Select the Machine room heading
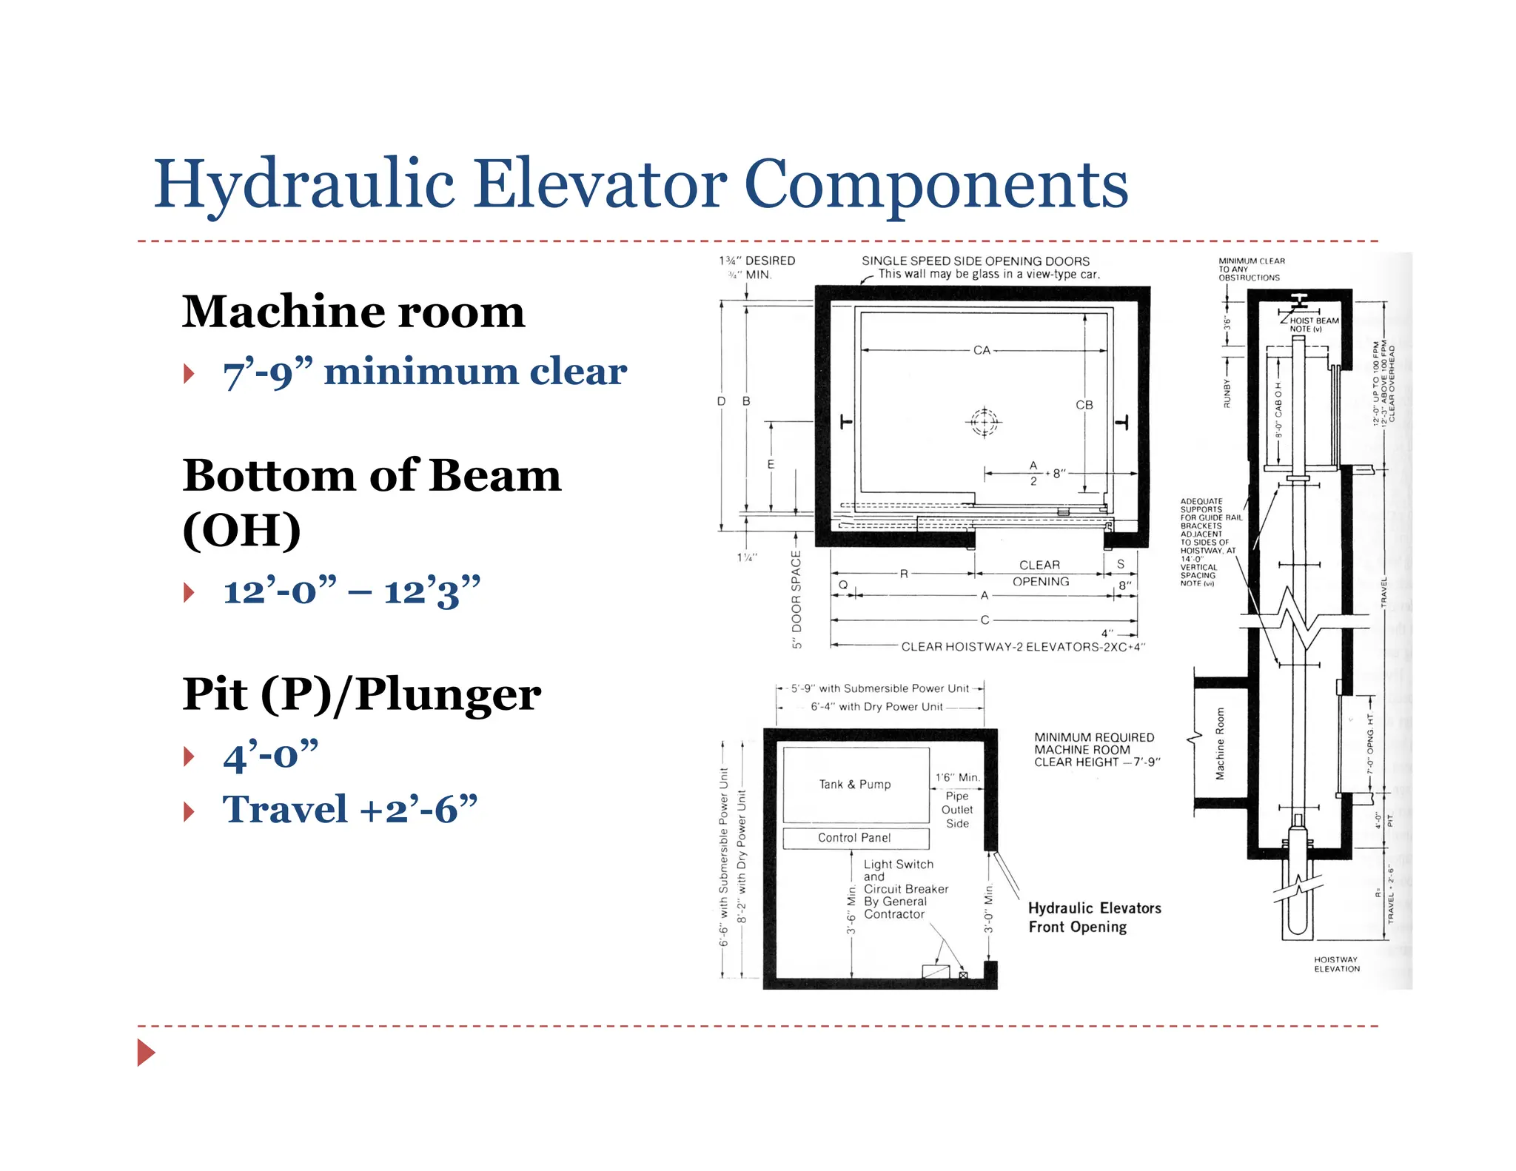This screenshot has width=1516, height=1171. coord(353,312)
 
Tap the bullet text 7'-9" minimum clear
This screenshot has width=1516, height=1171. coord(425,372)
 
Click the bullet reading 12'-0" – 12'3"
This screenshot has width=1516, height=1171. coord(352,591)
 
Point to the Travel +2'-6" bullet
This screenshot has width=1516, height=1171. coord(349,809)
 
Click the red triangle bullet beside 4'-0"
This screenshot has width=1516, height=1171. coord(189,756)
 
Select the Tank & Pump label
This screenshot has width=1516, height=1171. coord(855,785)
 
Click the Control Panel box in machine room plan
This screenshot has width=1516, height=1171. coord(855,838)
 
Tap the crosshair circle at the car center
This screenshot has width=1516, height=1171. coord(984,423)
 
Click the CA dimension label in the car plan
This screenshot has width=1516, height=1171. coord(982,350)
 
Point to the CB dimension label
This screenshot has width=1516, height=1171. coord(1084,405)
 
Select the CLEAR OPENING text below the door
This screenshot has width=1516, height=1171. coord(1040,574)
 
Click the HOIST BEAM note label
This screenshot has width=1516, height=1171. coord(1314,324)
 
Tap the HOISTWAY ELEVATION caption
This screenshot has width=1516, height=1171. coord(1337,964)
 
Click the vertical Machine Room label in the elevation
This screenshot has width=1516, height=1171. coord(1220,743)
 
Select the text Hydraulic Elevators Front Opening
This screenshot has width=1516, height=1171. coord(1094,918)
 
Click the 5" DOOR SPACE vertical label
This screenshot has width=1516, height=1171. coord(796,600)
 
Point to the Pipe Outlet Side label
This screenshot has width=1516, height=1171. coord(957,810)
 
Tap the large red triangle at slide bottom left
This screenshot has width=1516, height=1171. coord(145,1052)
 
